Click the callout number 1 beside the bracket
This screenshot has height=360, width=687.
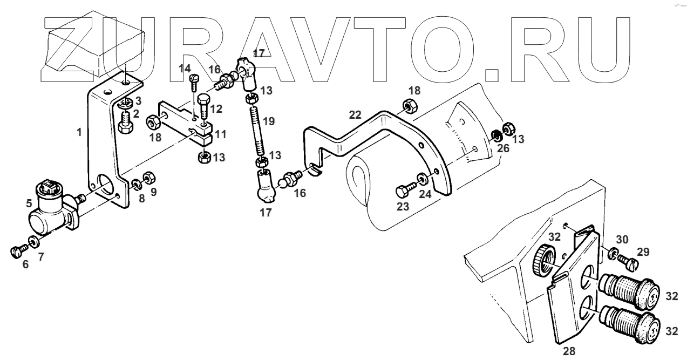point(79,132)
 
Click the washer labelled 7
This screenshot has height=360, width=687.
point(33,241)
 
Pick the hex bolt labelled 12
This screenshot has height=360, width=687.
point(204,107)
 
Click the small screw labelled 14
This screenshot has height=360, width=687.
point(194,80)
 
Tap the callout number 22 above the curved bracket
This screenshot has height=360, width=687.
point(355,116)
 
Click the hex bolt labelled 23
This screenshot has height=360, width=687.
point(404,191)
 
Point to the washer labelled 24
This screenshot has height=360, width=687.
point(421,178)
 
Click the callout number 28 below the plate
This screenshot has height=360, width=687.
point(569,351)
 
